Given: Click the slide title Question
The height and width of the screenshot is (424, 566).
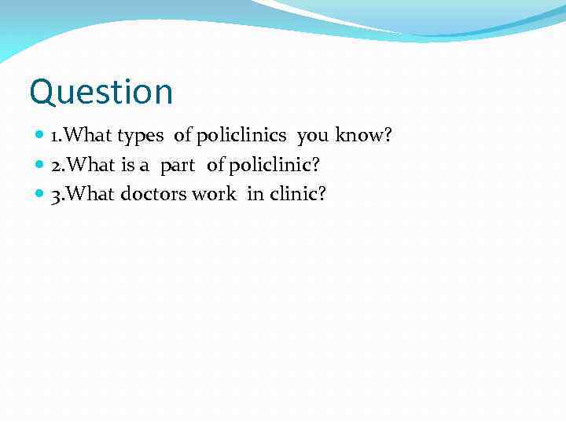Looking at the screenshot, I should pyautogui.click(x=101, y=93).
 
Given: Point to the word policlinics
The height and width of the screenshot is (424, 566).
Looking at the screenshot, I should pyautogui.click(x=242, y=137).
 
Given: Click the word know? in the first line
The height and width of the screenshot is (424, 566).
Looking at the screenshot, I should pyautogui.click(x=363, y=136).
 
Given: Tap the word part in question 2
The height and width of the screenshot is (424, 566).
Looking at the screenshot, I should pyautogui.click(x=178, y=166).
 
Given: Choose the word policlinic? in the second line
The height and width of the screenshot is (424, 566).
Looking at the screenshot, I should pyautogui.click(x=274, y=165).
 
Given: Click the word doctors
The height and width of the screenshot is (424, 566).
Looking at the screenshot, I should pyautogui.click(x=154, y=194).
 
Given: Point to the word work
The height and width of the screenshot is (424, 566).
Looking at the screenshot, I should pyautogui.click(x=213, y=194).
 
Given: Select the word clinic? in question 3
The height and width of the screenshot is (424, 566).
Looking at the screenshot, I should pyautogui.click(x=297, y=194).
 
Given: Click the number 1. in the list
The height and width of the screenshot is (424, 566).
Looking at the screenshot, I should pyautogui.click(x=56, y=137).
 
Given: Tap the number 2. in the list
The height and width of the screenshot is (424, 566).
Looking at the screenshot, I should pyautogui.click(x=57, y=166).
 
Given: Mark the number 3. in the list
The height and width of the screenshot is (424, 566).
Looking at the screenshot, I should pyautogui.click(x=57, y=194).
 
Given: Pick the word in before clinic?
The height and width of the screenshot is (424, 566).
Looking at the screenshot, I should pyautogui.click(x=255, y=194).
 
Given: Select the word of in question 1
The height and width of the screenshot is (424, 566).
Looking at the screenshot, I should pyautogui.click(x=182, y=136).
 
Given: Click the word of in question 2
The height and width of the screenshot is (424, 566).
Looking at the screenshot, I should pyautogui.click(x=215, y=165).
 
